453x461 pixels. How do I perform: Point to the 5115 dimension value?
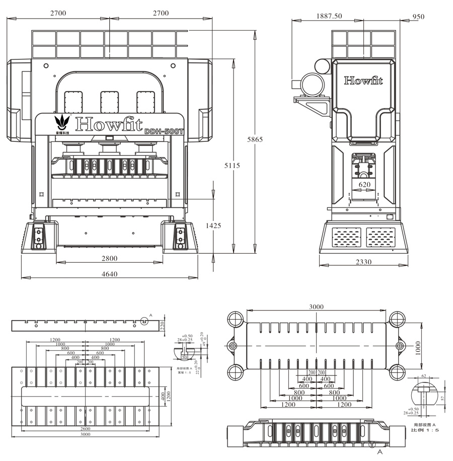tap(233, 166)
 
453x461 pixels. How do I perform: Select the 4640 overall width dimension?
tap(109, 274)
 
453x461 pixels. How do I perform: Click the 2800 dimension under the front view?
tap(109, 259)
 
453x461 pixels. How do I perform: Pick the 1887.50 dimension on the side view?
tap(329, 16)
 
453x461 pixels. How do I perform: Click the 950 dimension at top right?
tap(418, 17)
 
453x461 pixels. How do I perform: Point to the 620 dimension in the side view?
tap(364, 185)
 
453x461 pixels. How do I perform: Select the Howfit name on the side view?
tap(363, 81)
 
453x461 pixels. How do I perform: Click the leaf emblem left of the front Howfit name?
tap(62, 121)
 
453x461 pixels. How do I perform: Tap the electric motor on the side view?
tap(312, 83)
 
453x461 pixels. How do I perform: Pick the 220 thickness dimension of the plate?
tap(163, 325)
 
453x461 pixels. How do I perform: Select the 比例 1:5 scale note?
tap(425, 430)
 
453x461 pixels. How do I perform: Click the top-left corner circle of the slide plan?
tap(235, 319)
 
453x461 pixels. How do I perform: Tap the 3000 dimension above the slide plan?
tap(316, 306)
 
